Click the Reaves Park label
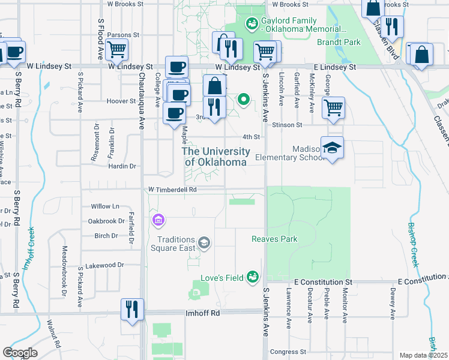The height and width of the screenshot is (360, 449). pos(274,239)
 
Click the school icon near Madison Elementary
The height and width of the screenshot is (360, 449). pos(332,148)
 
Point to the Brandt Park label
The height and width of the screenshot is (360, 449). pos(339,43)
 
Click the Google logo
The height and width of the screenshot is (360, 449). pos(20,353)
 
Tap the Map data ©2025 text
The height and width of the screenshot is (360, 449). pos(424,355)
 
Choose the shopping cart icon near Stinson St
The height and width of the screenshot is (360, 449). pos(333,108)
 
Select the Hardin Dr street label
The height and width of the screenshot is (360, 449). pos(124,166)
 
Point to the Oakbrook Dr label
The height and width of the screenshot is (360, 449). pos(106,221)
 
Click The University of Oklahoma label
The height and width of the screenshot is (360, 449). pos(215,157)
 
